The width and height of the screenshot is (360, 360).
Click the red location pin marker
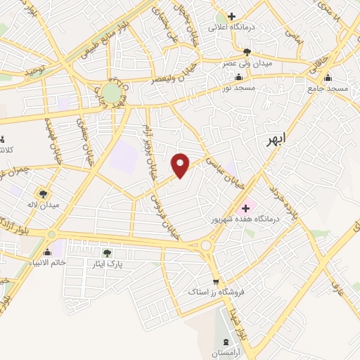pos(181,165)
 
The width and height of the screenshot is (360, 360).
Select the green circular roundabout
pos(111,93)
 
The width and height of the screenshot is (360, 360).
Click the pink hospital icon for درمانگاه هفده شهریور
pos(246,207)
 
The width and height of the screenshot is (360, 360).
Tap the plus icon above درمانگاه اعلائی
pos(231,15)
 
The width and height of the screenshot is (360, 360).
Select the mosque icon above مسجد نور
pos(241,77)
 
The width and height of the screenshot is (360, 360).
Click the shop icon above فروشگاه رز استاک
pos(216,280)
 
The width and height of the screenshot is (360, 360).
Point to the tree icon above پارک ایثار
pos(107,253)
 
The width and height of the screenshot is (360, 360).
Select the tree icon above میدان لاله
pos(44,193)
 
